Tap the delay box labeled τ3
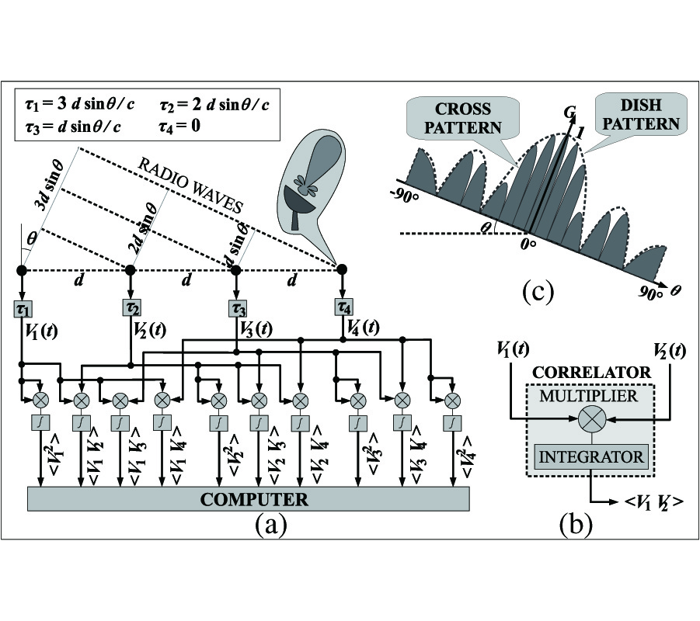[237, 307]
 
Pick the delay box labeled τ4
[343, 307]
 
